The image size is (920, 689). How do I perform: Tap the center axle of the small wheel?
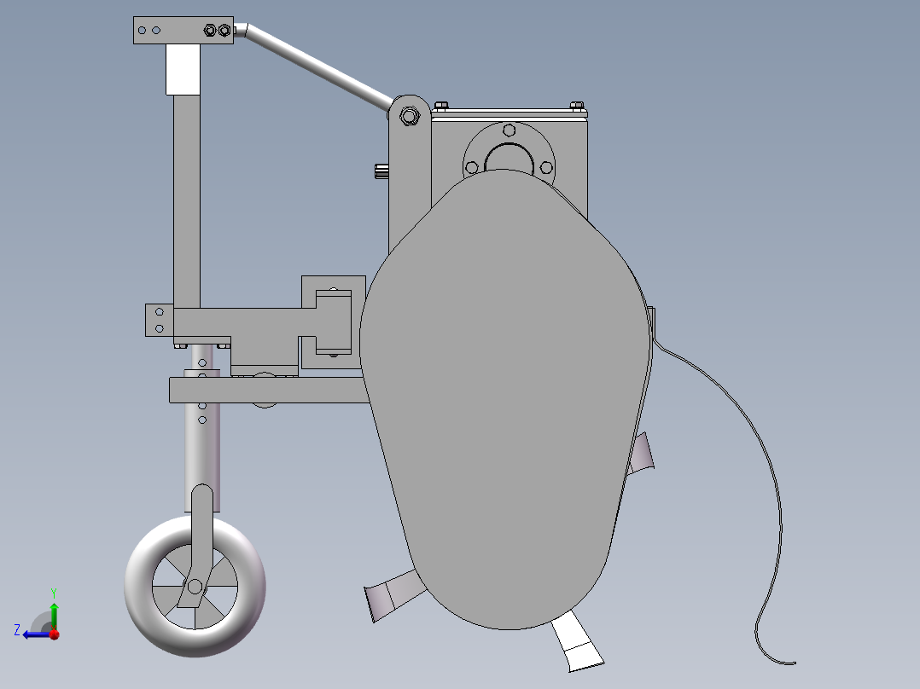tap(195, 587)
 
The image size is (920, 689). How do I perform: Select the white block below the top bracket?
tap(182, 69)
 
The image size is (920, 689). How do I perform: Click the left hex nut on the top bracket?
tap(210, 31)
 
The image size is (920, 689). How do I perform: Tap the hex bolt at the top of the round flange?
tap(509, 130)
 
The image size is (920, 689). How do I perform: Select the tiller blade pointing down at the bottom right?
tap(575, 644)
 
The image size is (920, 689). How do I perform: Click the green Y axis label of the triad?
tap(53, 591)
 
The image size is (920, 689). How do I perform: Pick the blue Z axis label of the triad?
tap(17, 629)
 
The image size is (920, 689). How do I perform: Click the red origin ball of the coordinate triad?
tap(53, 634)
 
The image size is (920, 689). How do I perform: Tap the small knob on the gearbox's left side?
tap(381, 171)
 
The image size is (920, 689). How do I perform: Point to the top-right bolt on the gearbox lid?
tap(577, 107)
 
